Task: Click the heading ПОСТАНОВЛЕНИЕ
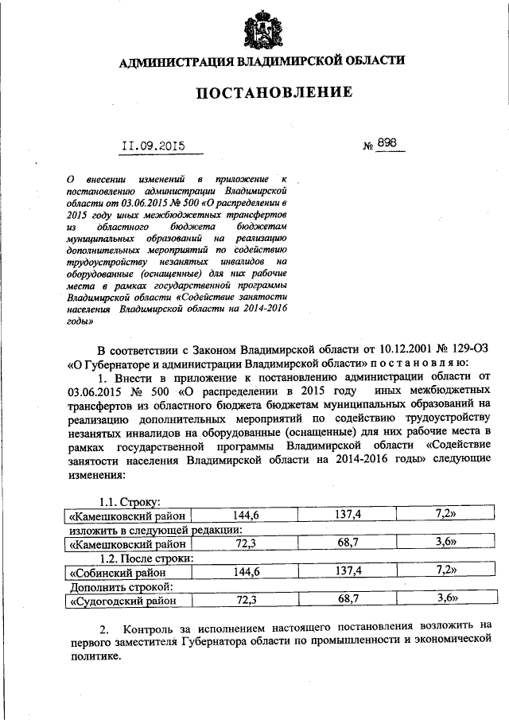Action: coord(274,93)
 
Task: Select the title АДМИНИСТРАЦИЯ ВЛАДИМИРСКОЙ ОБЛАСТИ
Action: coord(262,62)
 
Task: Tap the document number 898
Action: coord(387,144)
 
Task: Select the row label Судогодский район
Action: coord(122,601)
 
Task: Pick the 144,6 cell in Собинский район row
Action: coord(246,571)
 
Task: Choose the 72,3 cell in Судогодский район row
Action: coord(246,601)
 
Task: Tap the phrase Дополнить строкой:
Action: coord(119,586)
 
